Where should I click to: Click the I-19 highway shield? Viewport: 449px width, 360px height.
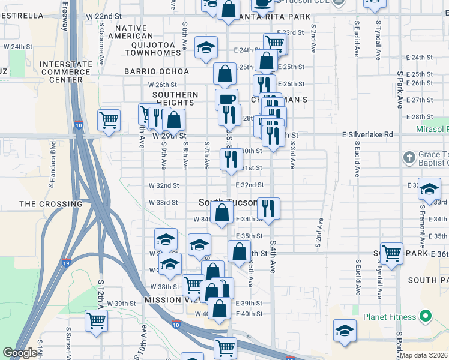65,263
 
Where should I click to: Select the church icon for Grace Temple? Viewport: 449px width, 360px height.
409,157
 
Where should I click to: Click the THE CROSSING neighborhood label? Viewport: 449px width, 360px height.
50,204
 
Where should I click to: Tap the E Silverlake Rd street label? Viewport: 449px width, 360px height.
367,135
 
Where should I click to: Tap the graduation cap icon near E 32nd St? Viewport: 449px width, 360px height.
429,188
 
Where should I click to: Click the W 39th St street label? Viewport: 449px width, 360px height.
118,304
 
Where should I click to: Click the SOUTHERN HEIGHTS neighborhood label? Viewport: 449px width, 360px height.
175,98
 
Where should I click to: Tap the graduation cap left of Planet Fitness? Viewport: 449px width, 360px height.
345,331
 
